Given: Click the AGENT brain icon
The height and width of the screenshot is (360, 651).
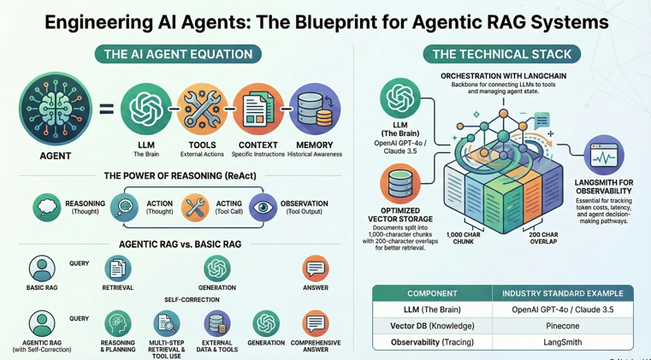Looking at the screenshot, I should click(55, 109).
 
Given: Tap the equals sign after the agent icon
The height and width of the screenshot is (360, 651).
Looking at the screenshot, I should click(106, 109).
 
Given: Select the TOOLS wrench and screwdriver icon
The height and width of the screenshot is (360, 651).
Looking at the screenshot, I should click(202, 109).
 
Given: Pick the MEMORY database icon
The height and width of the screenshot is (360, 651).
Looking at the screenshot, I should click(314, 109).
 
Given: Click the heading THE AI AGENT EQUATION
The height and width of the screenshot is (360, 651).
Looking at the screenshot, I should click(178, 55).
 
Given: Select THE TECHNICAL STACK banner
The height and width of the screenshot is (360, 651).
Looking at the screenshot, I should click(501, 55).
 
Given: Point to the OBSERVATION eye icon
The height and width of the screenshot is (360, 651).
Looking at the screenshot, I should click(263, 208).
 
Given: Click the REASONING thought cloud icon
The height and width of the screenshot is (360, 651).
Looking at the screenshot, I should click(47, 208).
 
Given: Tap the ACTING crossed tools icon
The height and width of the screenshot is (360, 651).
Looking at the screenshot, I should click(195, 208).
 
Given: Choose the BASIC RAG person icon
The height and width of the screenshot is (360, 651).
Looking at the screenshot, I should click(41, 269).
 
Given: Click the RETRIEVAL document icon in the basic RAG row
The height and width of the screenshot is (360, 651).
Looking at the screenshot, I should click(117, 269).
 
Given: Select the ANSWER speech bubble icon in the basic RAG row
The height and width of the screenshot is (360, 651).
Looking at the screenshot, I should click(315, 269).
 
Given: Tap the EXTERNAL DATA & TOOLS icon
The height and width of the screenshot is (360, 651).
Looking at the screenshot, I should click(216, 323).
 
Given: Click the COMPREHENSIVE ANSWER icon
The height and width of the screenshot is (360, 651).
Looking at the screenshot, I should click(315, 323).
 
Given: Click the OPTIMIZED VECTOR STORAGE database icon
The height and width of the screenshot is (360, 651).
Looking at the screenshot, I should click(399, 185).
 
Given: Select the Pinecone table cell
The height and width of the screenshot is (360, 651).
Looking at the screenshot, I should click(562, 326).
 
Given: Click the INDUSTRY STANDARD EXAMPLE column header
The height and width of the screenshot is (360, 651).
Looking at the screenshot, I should click(562, 293).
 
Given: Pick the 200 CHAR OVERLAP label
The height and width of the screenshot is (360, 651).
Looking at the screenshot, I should click(543, 238).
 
